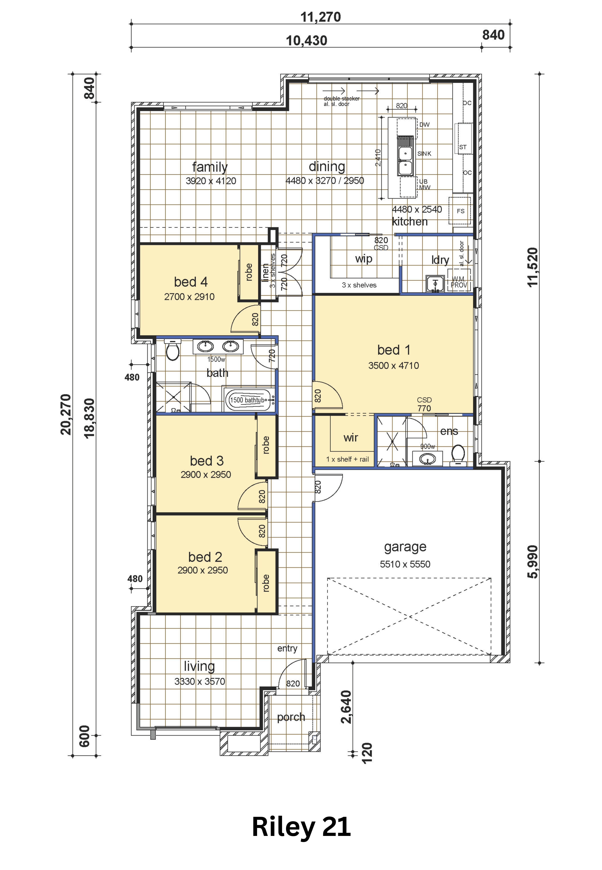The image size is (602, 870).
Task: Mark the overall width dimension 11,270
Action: click(x=321, y=17)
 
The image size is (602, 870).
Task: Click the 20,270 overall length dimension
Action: click(x=66, y=414)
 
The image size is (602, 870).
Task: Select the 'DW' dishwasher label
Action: click(x=424, y=125)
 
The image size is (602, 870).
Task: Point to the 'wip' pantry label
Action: click(x=364, y=259)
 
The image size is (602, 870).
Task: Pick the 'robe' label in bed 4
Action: click(x=249, y=272)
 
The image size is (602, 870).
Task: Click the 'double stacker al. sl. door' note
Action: click(x=341, y=101)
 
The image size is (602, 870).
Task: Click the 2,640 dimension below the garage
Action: click(x=346, y=707)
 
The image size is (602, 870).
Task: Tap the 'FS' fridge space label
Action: click(x=461, y=211)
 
